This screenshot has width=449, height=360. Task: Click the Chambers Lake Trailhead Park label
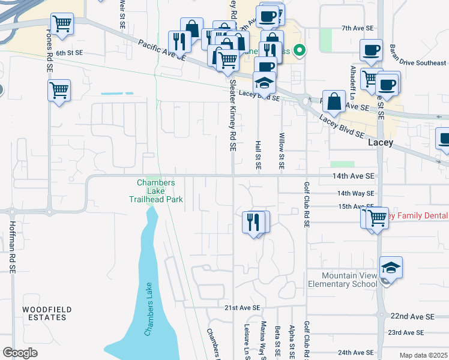[155, 191]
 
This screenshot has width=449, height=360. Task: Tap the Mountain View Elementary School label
[342, 280]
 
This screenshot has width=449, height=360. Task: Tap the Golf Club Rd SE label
[307, 205]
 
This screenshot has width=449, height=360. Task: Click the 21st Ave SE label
[243, 308]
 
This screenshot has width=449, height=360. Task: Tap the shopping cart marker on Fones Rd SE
[59, 91]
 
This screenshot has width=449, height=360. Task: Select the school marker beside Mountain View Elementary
[391, 268]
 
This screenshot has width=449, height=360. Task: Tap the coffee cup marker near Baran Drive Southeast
[370, 50]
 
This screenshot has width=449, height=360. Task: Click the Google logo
[20, 353]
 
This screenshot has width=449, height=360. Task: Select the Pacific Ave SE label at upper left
[161, 50]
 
